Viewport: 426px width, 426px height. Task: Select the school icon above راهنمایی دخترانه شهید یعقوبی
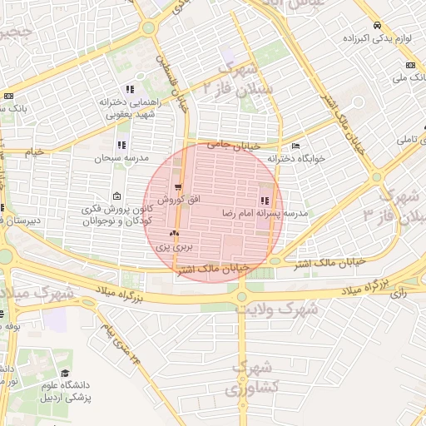129,89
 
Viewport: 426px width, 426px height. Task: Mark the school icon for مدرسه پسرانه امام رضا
265,201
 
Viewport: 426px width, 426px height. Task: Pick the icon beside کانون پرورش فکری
115,196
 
